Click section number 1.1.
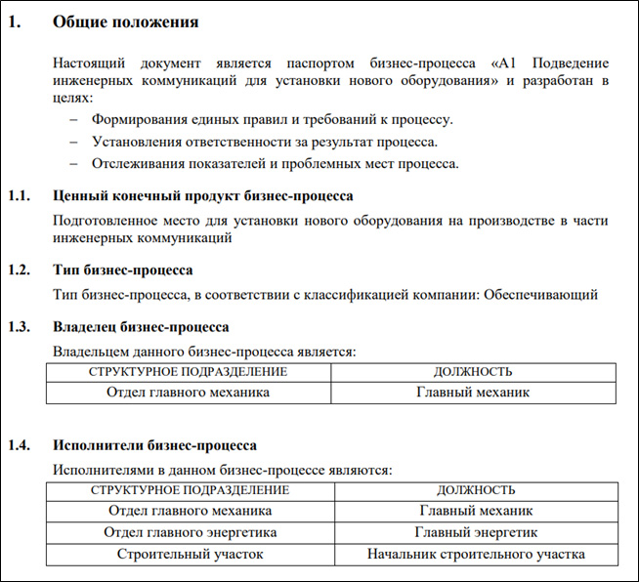point(21,196)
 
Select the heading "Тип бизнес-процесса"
point(122,270)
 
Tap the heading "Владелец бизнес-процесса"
point(141,326)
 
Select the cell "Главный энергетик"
point(476,532)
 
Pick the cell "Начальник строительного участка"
point(476,554)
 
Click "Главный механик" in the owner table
point(473,393)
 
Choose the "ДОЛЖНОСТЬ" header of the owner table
point(473,372)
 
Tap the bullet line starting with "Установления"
point(264,142)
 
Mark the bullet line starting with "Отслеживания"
point(275,163)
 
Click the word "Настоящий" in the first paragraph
point(90,63)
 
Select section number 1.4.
point(21,445)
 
